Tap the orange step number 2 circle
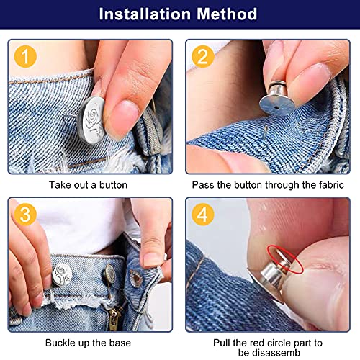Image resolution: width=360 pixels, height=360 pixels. (x=202, y=55)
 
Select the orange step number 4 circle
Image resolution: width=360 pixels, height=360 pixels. (x=202, y=213)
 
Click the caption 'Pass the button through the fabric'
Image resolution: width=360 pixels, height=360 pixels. (x=269, y=184)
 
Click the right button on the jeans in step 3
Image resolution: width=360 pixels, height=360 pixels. (x=111, y=274)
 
